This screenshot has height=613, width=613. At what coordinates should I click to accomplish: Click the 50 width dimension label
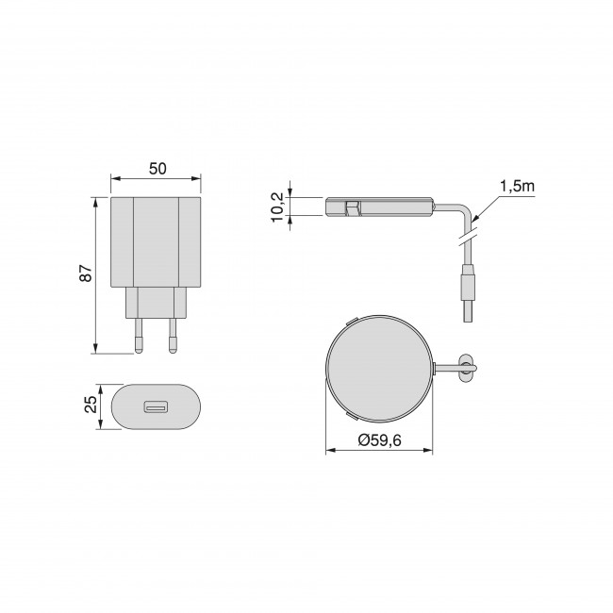click(157, 169)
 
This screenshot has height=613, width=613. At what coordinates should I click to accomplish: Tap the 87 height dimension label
click(86, 273)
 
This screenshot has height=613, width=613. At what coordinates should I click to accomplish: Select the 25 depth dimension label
click(91, 405)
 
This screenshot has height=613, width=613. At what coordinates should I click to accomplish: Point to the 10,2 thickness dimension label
click(277, 207)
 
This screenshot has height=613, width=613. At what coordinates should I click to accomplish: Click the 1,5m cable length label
click(517, 187)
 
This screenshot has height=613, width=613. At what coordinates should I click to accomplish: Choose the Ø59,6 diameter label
click(379, 440)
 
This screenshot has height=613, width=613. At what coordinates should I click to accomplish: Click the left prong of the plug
click(139, 336)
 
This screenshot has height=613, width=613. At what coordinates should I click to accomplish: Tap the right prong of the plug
click(173, 336)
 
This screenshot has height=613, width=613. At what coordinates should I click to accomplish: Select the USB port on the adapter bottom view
click(156, 407)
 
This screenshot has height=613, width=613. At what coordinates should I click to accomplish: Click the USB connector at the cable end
click(468, 292)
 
